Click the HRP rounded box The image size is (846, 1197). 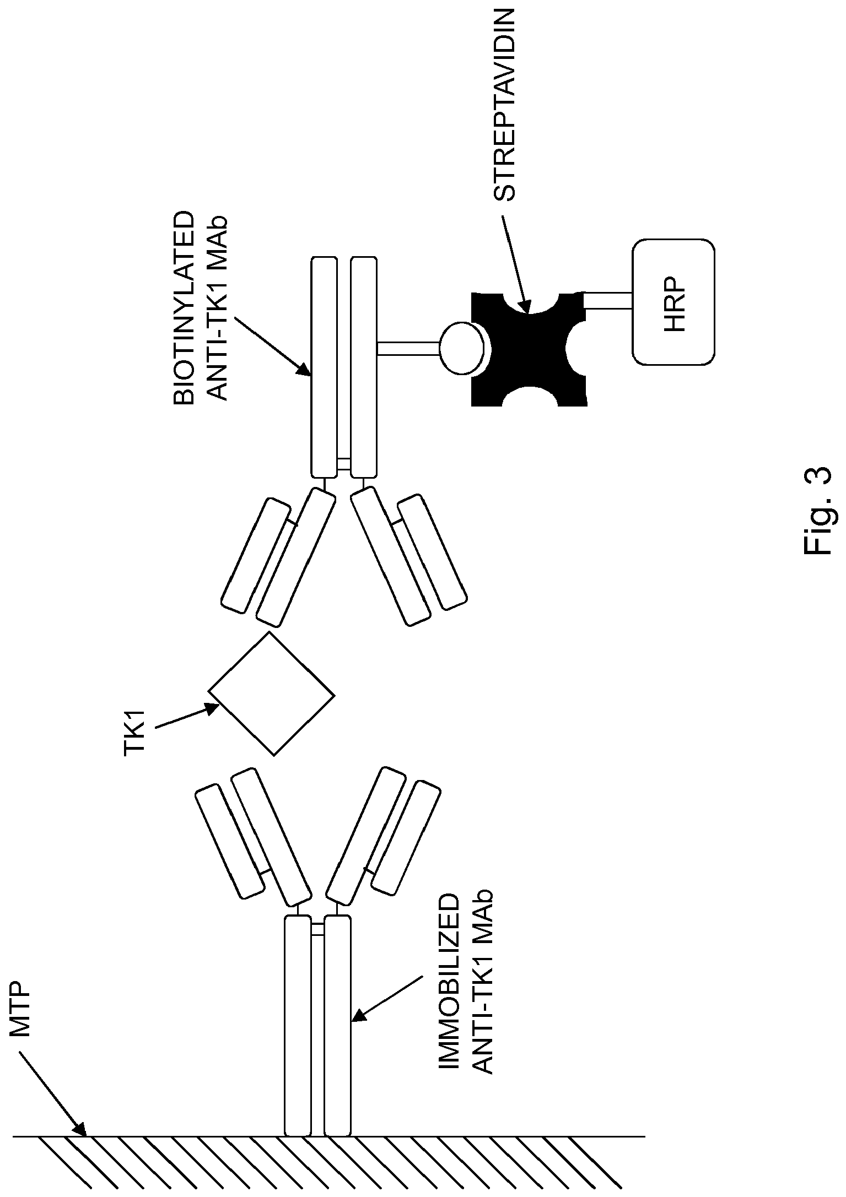[673, 301]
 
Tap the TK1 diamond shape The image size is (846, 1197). [271, 693]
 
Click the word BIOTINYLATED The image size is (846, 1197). [185, 308]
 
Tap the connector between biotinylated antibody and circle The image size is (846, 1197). [408, 348]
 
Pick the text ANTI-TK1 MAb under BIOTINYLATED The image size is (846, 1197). [219, 308]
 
